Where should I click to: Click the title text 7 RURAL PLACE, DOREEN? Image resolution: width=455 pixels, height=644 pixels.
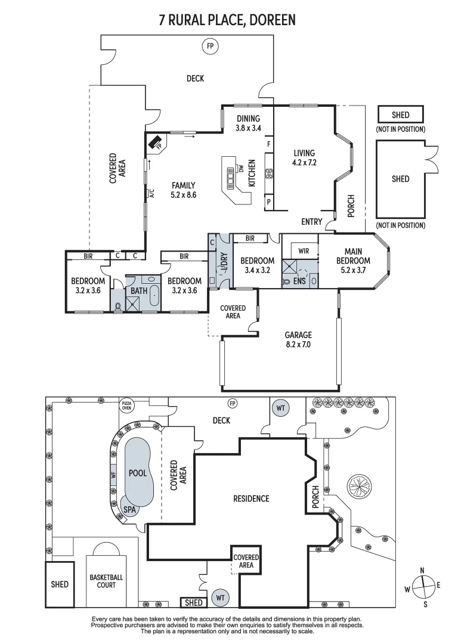(x=227, y=21)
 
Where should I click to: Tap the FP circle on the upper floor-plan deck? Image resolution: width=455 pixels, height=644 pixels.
(x=209, y=46)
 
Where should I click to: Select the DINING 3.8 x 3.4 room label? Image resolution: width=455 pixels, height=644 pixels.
(x=248, y=123)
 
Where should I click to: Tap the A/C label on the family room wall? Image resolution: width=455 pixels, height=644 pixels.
(x=151, y=193)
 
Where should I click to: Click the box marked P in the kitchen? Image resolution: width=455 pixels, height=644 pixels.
(x=269, y=202)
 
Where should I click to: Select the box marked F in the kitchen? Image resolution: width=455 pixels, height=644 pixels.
(x=269, y=144)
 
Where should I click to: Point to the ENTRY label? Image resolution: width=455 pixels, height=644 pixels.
(x=311, y=222)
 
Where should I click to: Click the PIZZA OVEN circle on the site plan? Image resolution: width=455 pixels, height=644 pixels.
(x=126, y=405)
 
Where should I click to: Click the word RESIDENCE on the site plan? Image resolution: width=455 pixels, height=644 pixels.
(x=250, y=499)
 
